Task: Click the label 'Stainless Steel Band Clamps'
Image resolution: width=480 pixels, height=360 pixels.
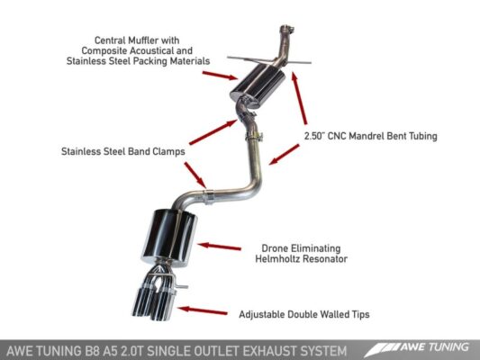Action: (123, 152)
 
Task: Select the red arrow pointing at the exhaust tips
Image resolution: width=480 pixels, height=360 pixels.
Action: (202, 310)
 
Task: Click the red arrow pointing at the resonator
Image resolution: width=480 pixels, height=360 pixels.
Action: (218, 244)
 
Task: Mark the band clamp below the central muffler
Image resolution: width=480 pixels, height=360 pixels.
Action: (255, 138)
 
